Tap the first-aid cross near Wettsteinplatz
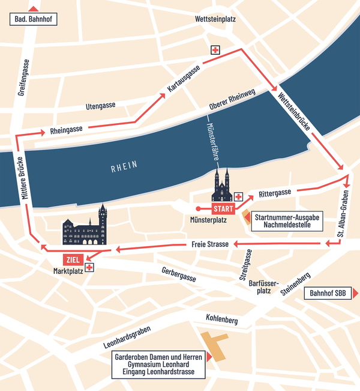215,50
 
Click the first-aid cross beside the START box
238,197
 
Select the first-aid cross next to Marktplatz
89,267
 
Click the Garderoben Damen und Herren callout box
158,365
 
